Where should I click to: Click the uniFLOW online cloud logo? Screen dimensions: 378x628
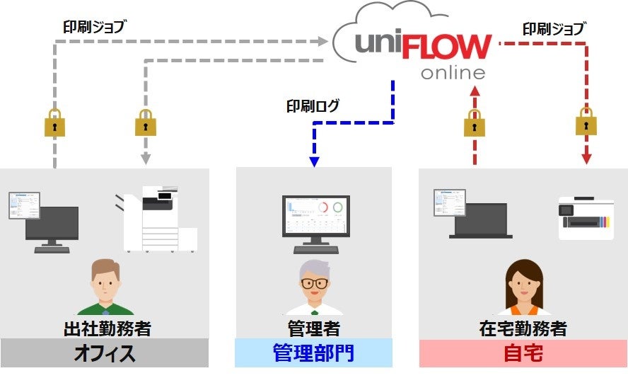[x=417, y=50]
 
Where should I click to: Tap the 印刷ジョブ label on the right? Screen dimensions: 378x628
[x=553, y=29]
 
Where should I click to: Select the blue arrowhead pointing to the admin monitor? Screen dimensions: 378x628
[x=315, y=161]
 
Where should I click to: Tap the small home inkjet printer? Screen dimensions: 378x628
[x=585, y=217]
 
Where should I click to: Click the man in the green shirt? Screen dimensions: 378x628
[x=105, y=288]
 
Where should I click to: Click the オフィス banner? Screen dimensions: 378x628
[x=105, y=353]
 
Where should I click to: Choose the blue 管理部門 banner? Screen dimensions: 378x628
[x=313, y=353]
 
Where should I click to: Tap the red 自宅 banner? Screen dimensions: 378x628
[x=523, y=353]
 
